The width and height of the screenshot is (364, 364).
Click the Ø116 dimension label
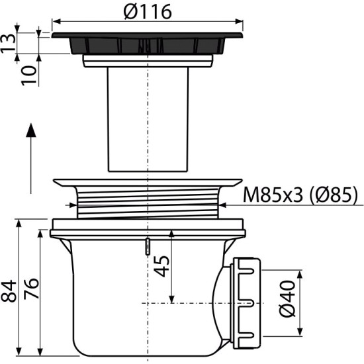coord(148,12)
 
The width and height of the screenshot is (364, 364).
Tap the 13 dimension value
coord(9,44)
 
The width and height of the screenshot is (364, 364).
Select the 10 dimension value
coord(29,75)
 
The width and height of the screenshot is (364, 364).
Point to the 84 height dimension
coord(9,291)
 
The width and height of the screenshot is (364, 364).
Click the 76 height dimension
coord(31,289)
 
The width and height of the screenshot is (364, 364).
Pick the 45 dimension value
coord(161,266)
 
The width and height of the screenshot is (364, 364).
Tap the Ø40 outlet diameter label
coord(287,298)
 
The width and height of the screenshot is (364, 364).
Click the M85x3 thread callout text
coord(273,195)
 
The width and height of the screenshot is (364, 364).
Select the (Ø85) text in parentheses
coord(334,195)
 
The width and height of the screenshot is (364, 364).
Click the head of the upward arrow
coord(31,130)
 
